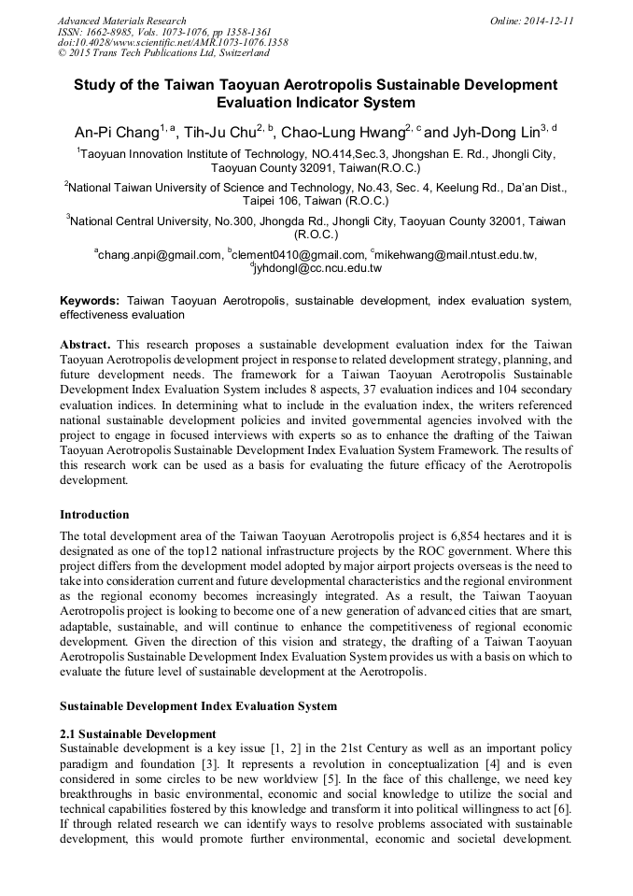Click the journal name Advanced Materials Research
pos(121,21)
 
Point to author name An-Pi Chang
pos(116,131)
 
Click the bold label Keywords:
pos(90,301)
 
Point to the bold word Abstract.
pos(86,345)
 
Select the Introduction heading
pos(94,514)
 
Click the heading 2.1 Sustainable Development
pos(137,733)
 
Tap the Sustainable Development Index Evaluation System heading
pos(198,705)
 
